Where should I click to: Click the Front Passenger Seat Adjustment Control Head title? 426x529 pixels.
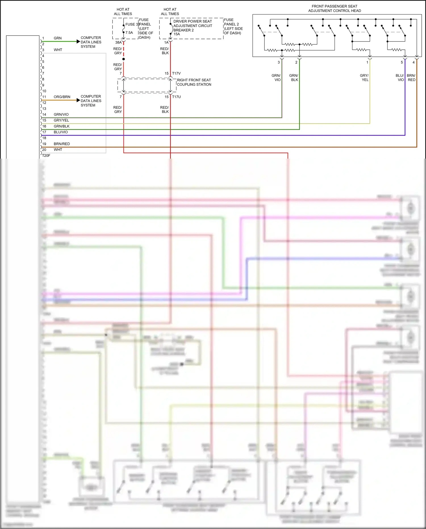pyautogui.click(x=334, y=9)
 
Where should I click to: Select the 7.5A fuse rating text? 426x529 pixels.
pyautogui.click(x=129, y=33)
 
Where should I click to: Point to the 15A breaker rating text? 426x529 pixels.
pyautogui.click(x=177, y=34)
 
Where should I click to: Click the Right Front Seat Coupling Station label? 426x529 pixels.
pyautogui.click(x=194, y=82)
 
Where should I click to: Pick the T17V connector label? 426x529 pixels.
pyautogui.click(x=176, y=73)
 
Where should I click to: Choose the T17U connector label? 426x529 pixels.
pyautogui.click(x=176, y=97)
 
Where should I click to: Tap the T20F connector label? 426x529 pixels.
pyautogui.click(x=46, y=155)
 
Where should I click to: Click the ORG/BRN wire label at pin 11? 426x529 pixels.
pyautogui.click(x=62, y=97)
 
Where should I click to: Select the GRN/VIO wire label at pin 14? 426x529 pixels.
pyautogui.click(x=61, y=115)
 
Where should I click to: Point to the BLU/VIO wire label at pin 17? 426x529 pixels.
pyautogui.click(x=61, y=132)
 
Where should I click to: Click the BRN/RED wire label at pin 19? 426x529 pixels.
pyautogui.click(x=62, y=144)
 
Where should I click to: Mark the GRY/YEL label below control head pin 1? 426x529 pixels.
pyautogui.click(x=364, y=78)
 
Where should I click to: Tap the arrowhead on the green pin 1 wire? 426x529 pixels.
pyautogui.click(x=78, y=42)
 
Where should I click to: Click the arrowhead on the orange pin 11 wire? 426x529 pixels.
pyautogui.click(x=78, y=100)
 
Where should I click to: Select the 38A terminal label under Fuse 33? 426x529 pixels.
pyautogui.click(x=118, y=42)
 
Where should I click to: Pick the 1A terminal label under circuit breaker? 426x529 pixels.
pyautogui.click(x=166, y=42)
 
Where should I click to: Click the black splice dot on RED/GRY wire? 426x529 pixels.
pyautogui.click(x=124, y=59)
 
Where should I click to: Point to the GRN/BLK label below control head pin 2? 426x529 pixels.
pyautogui.click(x=294, y=78)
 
